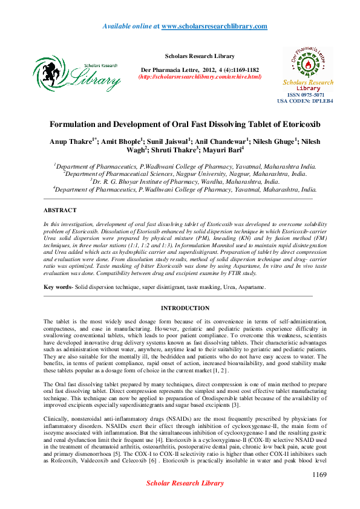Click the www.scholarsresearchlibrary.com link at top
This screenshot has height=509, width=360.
click(214, 26)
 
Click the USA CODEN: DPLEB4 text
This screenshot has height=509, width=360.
click(301, 102)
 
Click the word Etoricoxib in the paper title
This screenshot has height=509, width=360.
click(289, 125)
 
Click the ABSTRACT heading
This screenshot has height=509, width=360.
click(60, 210)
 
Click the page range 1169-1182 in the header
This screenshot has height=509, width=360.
click(233, 70)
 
